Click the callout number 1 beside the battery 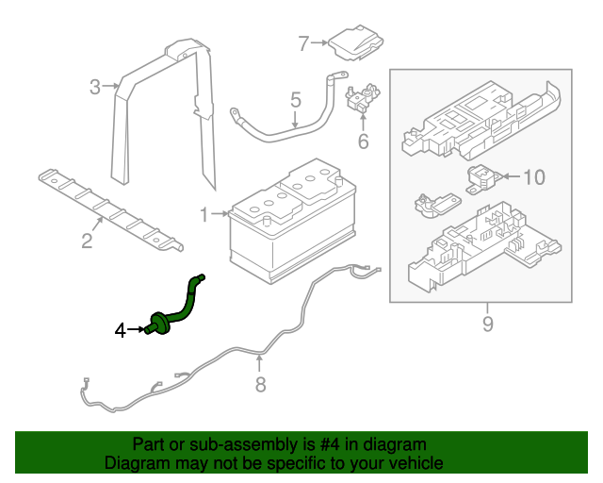(204, 215)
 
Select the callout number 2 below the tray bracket (87, 241)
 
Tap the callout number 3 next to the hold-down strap (95, 88)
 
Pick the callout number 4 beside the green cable (120, 330)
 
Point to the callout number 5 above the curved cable (295, 99)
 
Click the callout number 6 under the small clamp (363, 142)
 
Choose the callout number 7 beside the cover (303, 42)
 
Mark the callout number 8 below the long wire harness (261, 384)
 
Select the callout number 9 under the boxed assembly (487, 325)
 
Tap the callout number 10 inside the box (533, 176)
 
